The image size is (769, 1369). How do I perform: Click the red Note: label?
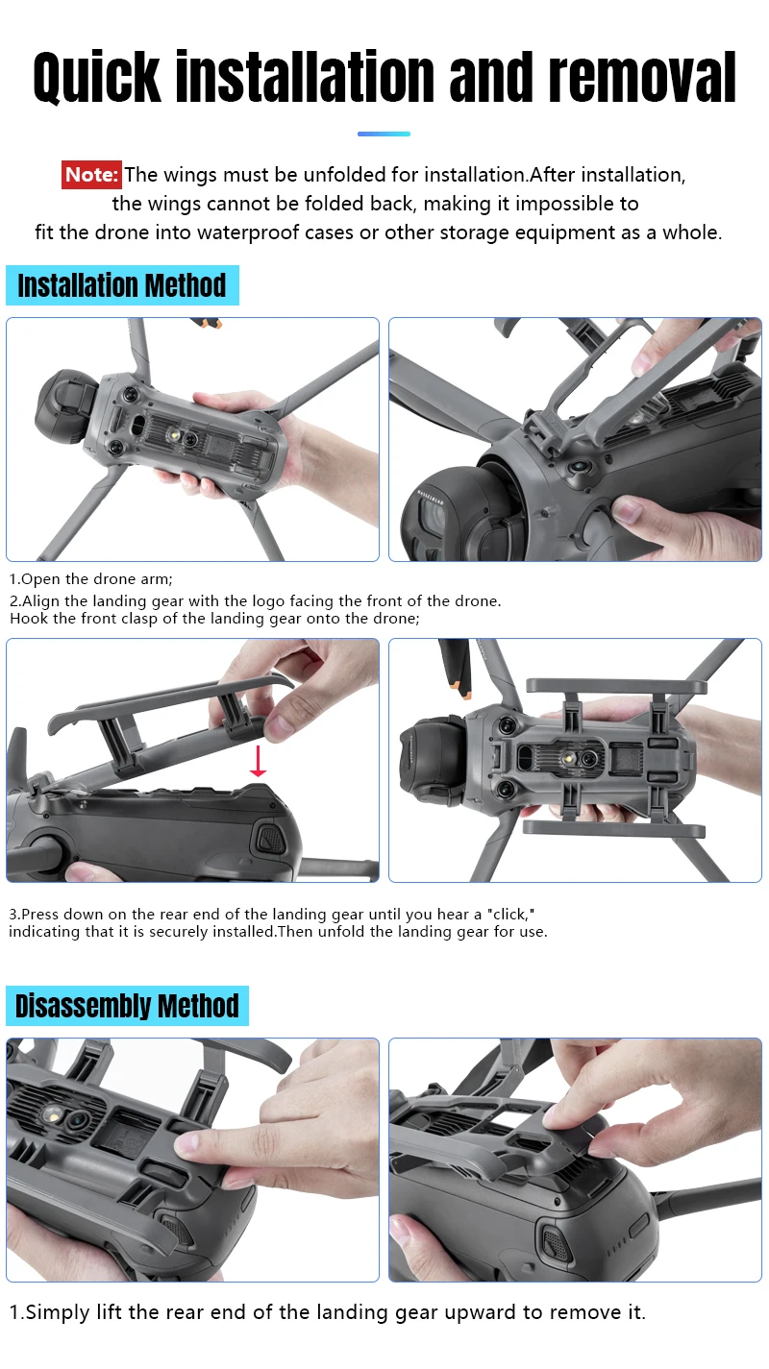coord(91,175)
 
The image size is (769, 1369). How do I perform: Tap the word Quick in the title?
coord(97,78)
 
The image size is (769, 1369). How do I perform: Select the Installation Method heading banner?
coord(122,285)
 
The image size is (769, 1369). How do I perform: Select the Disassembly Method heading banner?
coord(127,1006)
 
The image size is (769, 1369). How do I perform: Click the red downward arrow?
coord(258,761)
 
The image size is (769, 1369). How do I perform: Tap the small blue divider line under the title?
coord(384,134)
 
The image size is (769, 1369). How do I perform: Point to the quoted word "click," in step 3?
coord(511,915)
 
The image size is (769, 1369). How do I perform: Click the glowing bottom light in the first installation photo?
coord(174,436)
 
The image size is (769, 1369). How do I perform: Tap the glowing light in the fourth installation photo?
coord(568,758)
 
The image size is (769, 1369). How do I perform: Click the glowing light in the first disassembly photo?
coord(53,1115)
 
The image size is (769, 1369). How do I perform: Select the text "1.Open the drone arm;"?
coord(91,579)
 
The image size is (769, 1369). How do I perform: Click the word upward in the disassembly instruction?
coord(481,1312)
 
